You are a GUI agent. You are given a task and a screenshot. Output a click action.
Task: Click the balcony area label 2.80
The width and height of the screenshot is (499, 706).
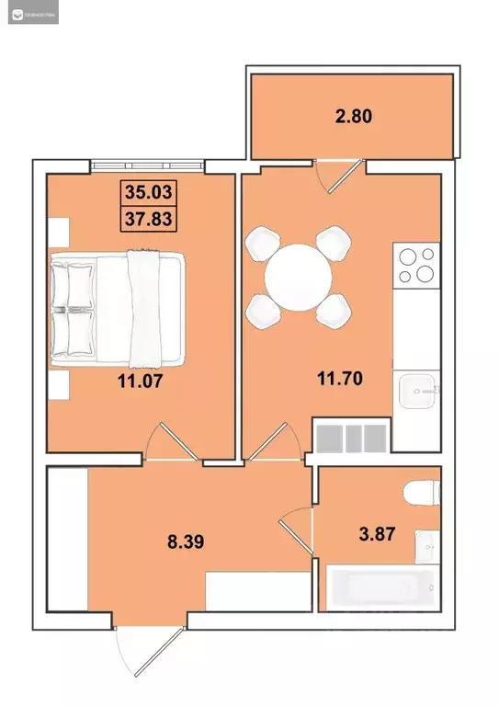pyautogui.click(x=353, y=117)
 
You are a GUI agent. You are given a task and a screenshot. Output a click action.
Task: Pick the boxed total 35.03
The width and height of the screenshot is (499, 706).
pyautogui.click(x=149, y=195)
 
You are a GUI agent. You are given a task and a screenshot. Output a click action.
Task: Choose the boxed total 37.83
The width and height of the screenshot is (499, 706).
pyautogui.click(x=149, y=218)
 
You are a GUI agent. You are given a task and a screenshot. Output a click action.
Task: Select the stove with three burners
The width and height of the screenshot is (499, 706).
pyautogui.click(x=415, y=265)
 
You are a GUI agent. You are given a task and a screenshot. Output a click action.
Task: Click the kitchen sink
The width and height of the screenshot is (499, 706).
pyautogui.click(x=417, y=392)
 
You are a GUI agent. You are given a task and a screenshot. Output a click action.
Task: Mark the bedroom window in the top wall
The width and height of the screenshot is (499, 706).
pyautogui.click(x=147, y=166)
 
